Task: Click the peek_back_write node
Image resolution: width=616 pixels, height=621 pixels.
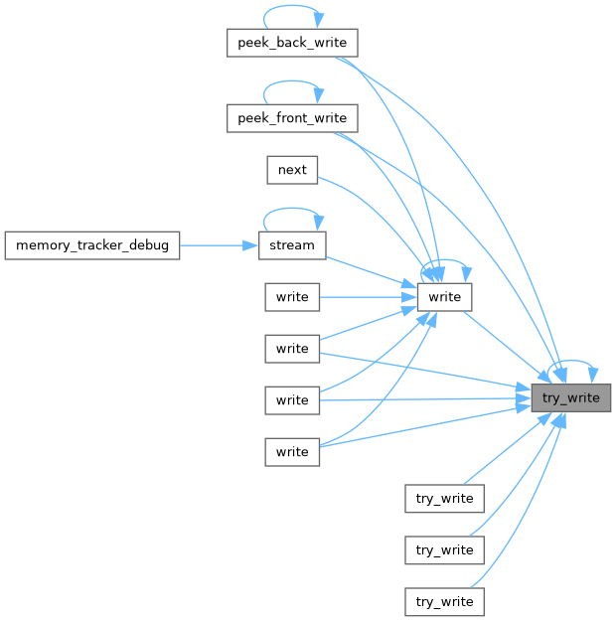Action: click(x=292, y=43)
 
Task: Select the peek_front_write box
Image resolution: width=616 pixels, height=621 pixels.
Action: click(x=292, y=118)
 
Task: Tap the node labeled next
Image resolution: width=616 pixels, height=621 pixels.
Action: click(x=292, y=170)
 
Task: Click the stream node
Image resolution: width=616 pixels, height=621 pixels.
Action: click(x=292, y=245)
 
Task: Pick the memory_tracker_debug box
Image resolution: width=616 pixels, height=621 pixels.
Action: click(x=92, y=245)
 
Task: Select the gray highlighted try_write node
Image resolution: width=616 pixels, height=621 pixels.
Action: click(x=570, y=398)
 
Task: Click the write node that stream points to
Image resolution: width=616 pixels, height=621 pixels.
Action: click(x=445, y=297)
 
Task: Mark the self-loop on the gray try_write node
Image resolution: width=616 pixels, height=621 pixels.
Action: click(x=572, y=363)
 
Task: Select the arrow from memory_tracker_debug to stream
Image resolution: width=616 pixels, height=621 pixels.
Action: click(x=214, y=245)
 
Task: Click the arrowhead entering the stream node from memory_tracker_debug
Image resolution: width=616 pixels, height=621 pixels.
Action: click(x=250, y=245)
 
